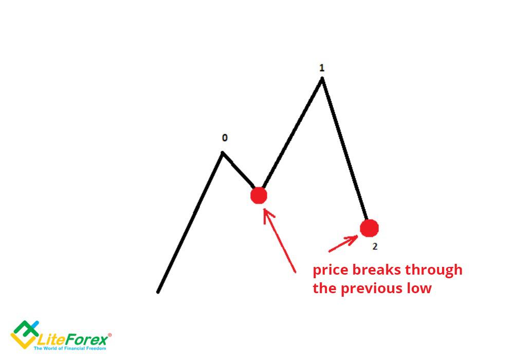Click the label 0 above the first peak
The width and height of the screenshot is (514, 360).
225,138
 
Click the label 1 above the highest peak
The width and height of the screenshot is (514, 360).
322,68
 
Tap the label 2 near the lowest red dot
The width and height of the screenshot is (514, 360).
375,246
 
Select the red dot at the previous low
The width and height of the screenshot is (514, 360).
259,196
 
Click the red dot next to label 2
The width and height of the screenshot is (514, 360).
370,228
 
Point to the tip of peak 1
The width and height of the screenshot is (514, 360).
322,78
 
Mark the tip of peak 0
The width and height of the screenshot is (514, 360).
223,152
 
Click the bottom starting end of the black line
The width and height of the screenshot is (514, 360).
158,292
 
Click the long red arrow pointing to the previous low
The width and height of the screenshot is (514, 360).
279,240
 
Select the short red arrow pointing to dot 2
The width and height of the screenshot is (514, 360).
343,244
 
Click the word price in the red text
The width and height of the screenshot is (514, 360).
331,271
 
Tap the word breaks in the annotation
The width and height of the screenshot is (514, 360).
377,269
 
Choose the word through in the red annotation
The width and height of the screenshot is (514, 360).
434,271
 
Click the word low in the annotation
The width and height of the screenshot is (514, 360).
419,288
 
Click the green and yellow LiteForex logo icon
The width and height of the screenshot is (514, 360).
25,334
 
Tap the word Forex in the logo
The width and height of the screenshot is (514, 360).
88,339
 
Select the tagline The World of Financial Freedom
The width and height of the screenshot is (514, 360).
70,348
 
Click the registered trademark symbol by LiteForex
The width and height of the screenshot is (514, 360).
109,335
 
